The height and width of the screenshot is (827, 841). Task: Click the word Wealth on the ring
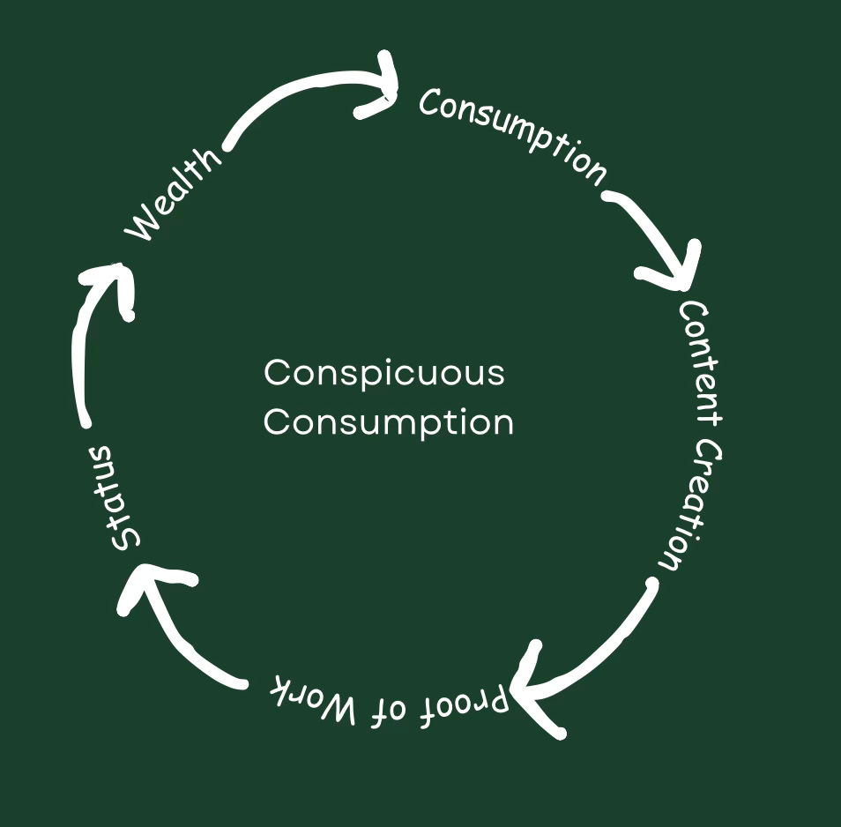[175, 195]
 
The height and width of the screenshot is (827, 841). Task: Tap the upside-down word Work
[313, 697]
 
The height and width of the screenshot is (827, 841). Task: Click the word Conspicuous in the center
[383, 372]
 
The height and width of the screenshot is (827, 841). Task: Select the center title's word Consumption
[388, 421]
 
